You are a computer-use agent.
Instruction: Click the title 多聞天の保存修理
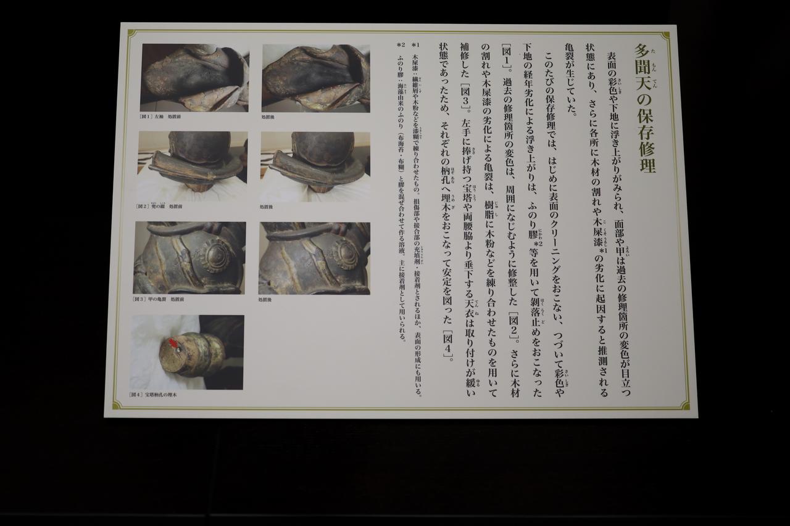(645, 109)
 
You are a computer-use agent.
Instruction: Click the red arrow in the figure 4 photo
(174, 342)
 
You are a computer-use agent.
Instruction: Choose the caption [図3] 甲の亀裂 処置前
(158, 299)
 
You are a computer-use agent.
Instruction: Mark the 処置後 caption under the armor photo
(265, 299)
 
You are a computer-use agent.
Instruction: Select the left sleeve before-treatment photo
(194, 77)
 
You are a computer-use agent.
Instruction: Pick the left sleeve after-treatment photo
(315, 77)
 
